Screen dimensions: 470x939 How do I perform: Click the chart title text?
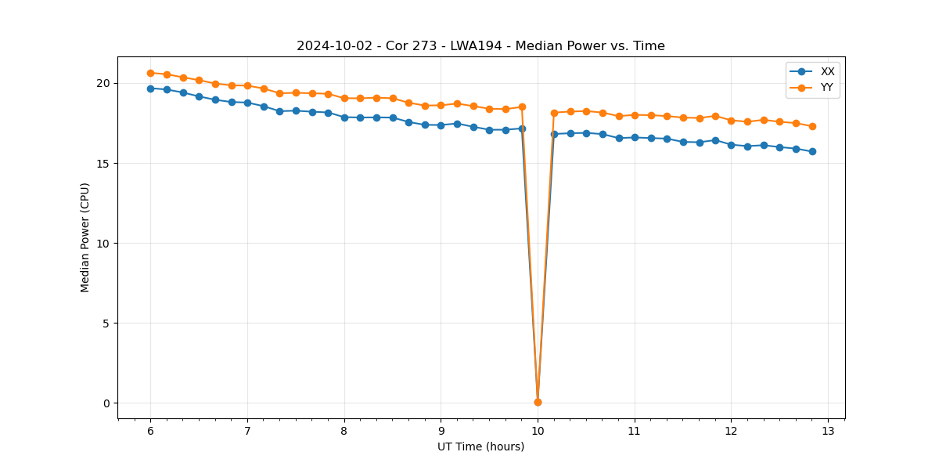point(480,46)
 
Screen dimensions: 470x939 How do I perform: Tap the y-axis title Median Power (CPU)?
point(85,237)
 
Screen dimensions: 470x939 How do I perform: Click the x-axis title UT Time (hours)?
point(480,446)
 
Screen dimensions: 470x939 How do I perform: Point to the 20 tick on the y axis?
point(103,83)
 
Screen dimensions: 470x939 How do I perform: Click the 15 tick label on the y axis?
point(103,164)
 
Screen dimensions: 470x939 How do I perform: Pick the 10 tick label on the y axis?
point(103,244)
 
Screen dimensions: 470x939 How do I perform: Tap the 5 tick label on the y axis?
point(106,324)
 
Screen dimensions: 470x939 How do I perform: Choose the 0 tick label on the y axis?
point(106,403)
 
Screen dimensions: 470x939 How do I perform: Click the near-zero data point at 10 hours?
point(538,402)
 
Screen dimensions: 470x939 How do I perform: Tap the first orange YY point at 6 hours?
point(150,73)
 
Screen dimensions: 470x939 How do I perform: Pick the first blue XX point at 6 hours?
point(150,89)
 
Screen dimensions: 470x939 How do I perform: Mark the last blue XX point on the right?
point(812,151)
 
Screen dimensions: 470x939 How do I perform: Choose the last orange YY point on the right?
point(812,126)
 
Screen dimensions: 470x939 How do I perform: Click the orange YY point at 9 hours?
point(441,105)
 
